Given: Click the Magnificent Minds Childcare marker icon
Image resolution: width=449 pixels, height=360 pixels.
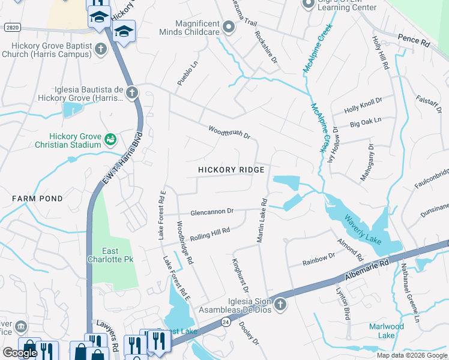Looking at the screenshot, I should point(228,27).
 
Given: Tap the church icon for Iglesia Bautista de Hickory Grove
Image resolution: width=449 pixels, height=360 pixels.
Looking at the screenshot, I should point(132,93).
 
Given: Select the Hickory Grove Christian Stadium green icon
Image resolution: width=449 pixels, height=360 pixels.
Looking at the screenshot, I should point(110,140).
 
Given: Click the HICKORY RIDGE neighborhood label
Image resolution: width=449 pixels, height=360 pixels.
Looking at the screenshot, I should point(231,170).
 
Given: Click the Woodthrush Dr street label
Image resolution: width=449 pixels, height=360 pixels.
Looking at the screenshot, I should point(229,132).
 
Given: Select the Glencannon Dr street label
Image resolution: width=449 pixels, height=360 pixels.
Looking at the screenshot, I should point(211,212).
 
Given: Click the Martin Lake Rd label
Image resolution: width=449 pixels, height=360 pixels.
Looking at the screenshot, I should point(262,220).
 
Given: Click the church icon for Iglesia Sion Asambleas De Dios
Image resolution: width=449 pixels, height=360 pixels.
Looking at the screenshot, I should point(280,306).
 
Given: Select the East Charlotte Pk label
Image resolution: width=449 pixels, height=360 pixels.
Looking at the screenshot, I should point(114,255).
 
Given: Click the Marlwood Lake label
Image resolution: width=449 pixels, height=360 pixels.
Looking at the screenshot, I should point(386,331).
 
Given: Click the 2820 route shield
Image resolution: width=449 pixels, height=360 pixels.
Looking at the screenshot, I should point(11,28).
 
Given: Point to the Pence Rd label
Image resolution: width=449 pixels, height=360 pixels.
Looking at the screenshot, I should point(414,41).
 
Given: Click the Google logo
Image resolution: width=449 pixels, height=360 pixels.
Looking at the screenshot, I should point(20,353).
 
